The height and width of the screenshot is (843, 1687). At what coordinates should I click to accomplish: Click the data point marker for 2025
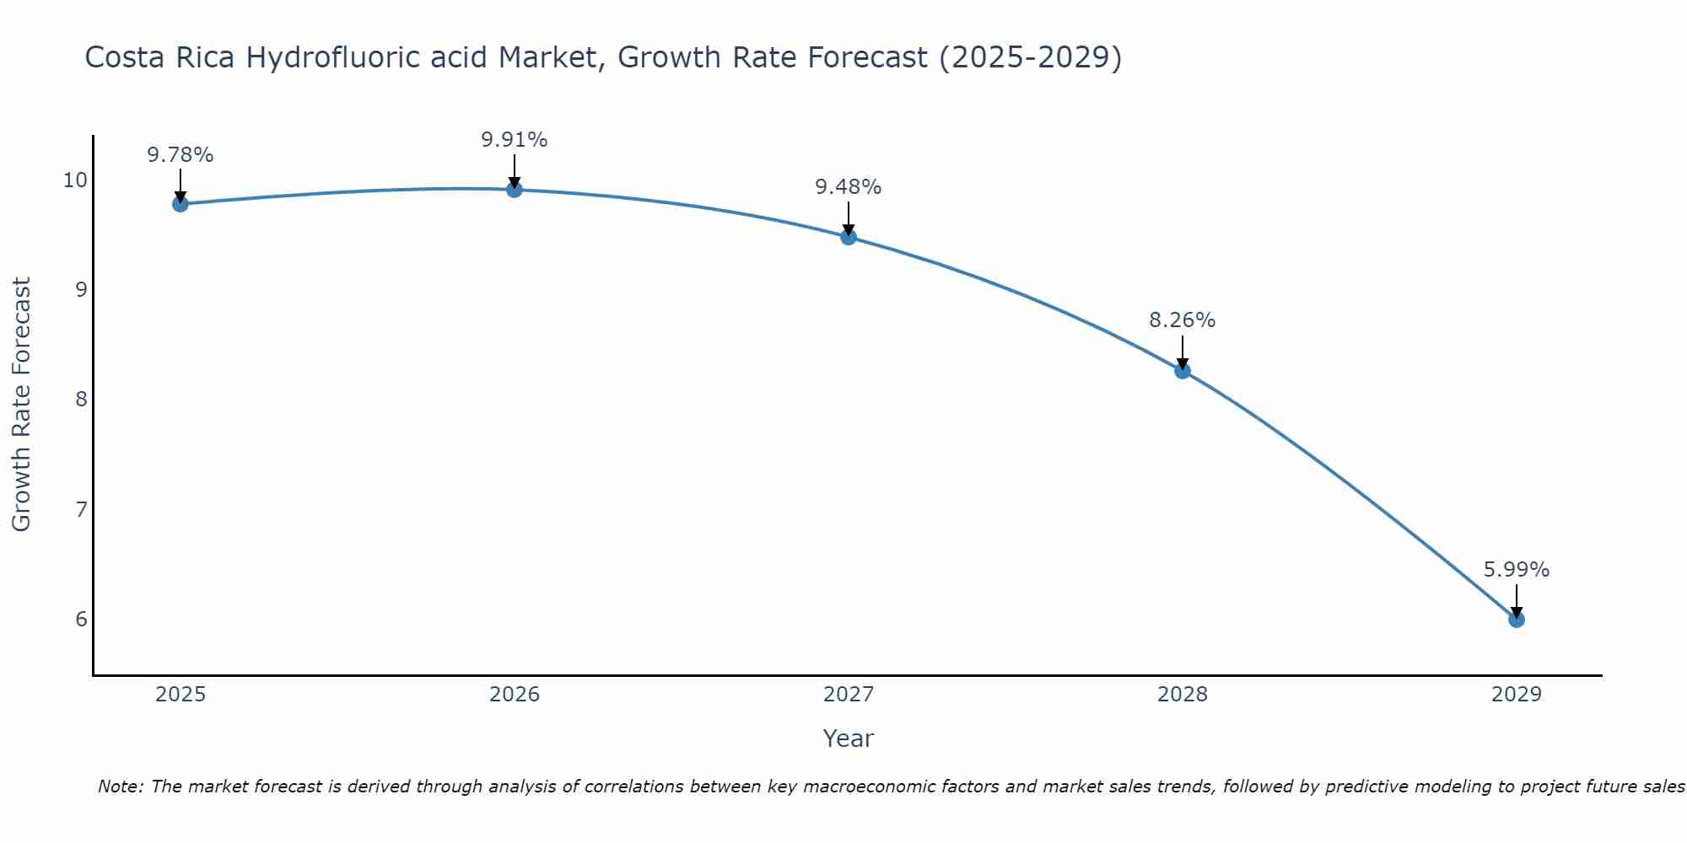[180, 204]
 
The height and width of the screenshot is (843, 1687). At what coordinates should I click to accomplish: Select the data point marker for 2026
[515, 190]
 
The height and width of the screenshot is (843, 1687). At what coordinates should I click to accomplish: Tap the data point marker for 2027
[849, 237]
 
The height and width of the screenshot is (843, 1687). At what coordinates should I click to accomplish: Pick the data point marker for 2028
[1183, 371]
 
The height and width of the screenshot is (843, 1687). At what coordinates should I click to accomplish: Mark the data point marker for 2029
[1516, 620]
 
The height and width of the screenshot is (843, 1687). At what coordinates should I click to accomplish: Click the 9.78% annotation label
[180, 155]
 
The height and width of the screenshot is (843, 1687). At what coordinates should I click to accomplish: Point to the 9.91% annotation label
[515, 140]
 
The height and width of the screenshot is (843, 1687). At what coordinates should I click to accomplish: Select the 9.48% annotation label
[849, 187]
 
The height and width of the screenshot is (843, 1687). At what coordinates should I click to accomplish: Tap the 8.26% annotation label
[1183, 320]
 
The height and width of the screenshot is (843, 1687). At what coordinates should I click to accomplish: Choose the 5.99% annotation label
[1516, 570]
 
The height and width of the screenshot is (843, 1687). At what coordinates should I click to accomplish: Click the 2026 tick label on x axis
[515, 695]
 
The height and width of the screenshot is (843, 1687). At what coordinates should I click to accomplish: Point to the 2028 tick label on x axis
[1183, 695]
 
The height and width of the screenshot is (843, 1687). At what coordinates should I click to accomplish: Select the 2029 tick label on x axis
[1516, 695]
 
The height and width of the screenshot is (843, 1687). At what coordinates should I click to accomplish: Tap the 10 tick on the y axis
[74, 180]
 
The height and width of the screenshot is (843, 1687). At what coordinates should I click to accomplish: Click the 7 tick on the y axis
[81, 509]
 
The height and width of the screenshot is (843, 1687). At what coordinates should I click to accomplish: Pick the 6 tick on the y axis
[81, 620]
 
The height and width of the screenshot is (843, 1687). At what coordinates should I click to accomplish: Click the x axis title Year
[848, 738]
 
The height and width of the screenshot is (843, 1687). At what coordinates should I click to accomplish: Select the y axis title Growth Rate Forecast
[22, 405]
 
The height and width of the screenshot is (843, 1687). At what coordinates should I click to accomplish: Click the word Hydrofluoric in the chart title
[364, 57]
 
